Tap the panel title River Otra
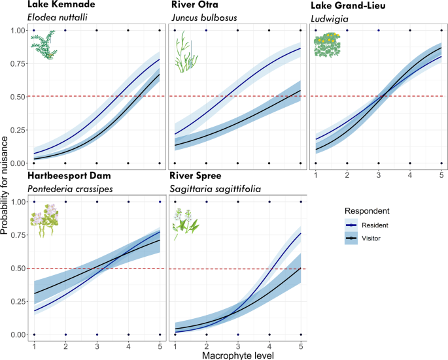click(x=194, y=5)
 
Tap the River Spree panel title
click(x=198, y=176)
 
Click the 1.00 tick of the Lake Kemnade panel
click(x=19, y=31)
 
